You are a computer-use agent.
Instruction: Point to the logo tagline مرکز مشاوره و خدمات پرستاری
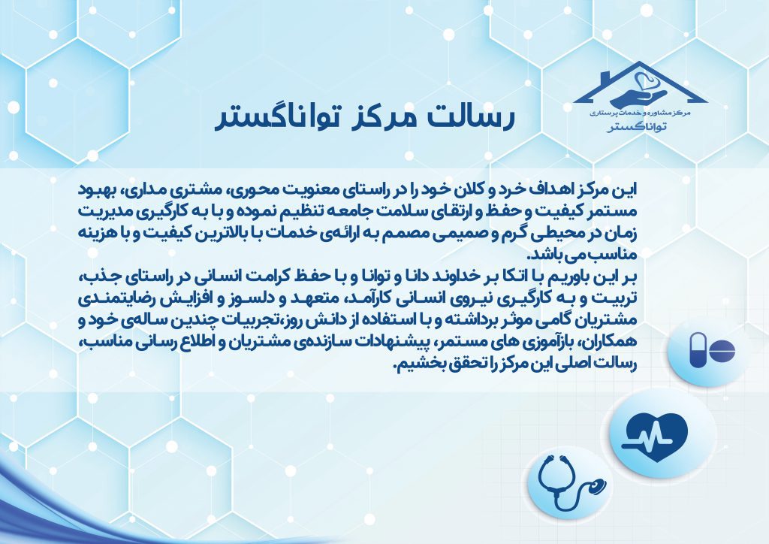(x=640, y=113)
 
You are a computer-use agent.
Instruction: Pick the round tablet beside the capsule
(x=722, y=351)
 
